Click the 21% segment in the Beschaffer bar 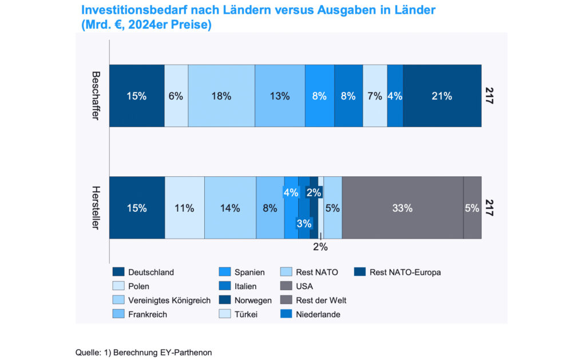[x=442, y=96]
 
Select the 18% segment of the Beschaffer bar [x=221, y=96]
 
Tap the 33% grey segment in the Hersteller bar [x=402, y=208]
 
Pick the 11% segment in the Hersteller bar [x=184, y=208]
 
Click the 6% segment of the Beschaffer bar [x=176, y=96]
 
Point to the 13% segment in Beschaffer [x=279, y=96]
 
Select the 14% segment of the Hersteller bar [x=230, y=208]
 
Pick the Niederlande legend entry [x=318, y=314]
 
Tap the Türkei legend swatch [x=226, y=314]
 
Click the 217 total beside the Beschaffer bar [x=489, y=95]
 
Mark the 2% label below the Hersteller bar [x=320, y=247]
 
